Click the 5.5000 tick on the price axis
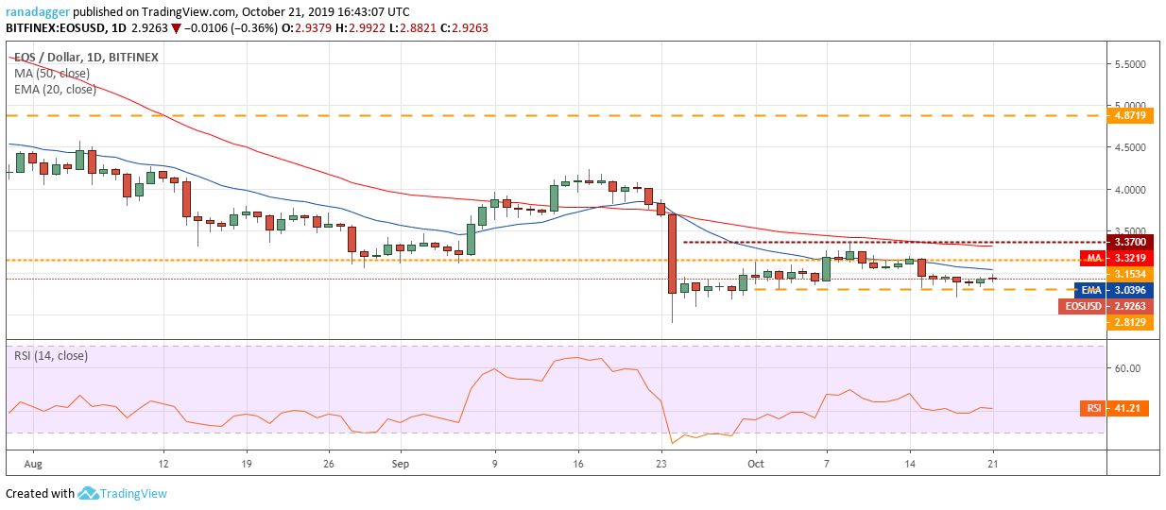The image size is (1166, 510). pyautogui.click(x=1131, y=64)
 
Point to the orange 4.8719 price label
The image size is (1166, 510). pyautogui.click(x=1131, y=115)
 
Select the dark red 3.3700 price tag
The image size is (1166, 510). pyautogui.click(x=1131, y=242)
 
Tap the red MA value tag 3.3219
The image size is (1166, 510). pyautogui.click(x=1131, y=257)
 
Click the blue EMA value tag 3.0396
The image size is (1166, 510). pyautogui.click(x=1131, y=290)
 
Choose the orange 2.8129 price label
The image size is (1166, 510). pyautogui.click(x=1131, y=323)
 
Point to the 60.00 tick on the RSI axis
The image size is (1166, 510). pyautogui.click(x=1127, y=368)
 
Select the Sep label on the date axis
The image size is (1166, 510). pyautogui.click(x=400, y=465)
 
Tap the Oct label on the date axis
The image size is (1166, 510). pyautogui.click(x=755, y=465)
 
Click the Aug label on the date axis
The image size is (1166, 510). pyautogui.click(x=33, y=465)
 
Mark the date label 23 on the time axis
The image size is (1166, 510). pyautogui.click(x=661, y=465)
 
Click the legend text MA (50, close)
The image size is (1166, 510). pyautogui.click(x=55, y=73)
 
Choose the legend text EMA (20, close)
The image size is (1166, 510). pyautogui.click(x=55, y=89)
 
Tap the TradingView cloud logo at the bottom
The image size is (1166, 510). pyautogui.click(x=89, y=493)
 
